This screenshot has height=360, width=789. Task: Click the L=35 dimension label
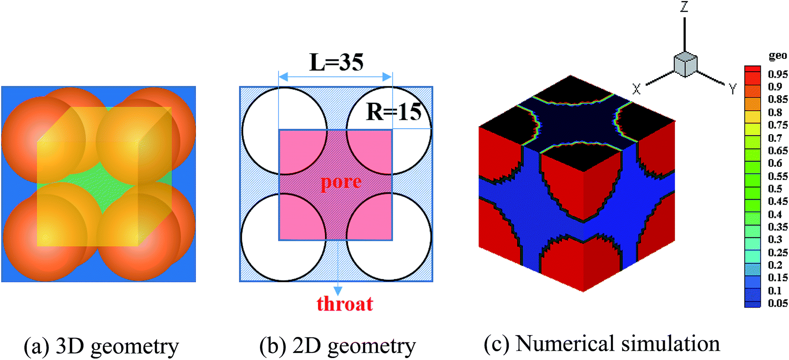[336, 62]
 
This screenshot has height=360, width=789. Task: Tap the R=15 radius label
[394, 112]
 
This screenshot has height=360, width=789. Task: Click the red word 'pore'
[341, 182]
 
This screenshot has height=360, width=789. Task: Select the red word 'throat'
[344, 304]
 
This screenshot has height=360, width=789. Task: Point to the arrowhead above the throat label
[338, 291]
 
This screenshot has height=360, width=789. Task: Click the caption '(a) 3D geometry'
[101, 346]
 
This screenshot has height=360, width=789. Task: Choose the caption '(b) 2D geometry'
[337, 346]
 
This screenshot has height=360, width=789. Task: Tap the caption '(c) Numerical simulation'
[602, 344]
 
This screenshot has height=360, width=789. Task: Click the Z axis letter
[684, 7]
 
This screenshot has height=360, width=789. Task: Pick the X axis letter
[636, 89]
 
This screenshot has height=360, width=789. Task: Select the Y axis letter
[732, 89]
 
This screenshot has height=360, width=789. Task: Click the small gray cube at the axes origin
[685, 64]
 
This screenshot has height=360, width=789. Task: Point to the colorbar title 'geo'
[778, 56]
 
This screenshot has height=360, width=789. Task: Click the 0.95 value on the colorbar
[777, 74]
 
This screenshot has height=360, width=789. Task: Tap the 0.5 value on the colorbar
[775, 188]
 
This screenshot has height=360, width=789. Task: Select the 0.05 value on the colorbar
[777, 303]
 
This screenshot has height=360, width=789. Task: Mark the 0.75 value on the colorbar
[777, 125]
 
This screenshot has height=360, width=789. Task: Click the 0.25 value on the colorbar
[777, 252]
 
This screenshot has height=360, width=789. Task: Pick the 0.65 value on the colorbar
[777, 150]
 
